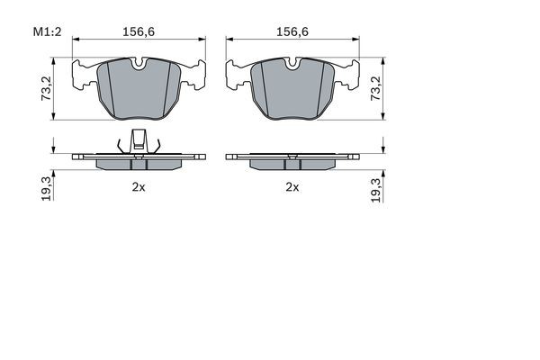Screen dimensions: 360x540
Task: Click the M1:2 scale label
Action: coord(47,31)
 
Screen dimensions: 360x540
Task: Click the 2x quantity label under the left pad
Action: coord(139,187)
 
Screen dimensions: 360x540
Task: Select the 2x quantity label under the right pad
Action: coord(292,187)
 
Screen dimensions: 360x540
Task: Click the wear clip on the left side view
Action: coord(139,141)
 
